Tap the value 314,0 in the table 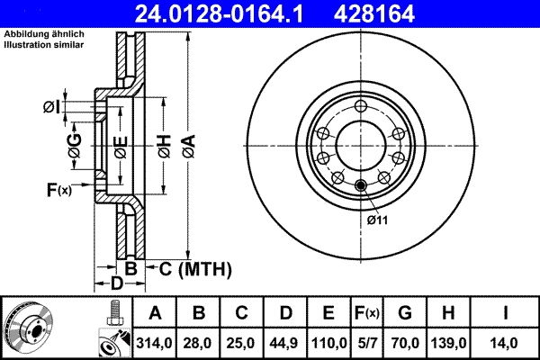(154, 343)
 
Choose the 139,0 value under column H (450, 343)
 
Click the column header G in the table (407, 314)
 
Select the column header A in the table (154, 314)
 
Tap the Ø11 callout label (376, 219)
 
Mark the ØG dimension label (75, 143)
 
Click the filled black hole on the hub (361, 186)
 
